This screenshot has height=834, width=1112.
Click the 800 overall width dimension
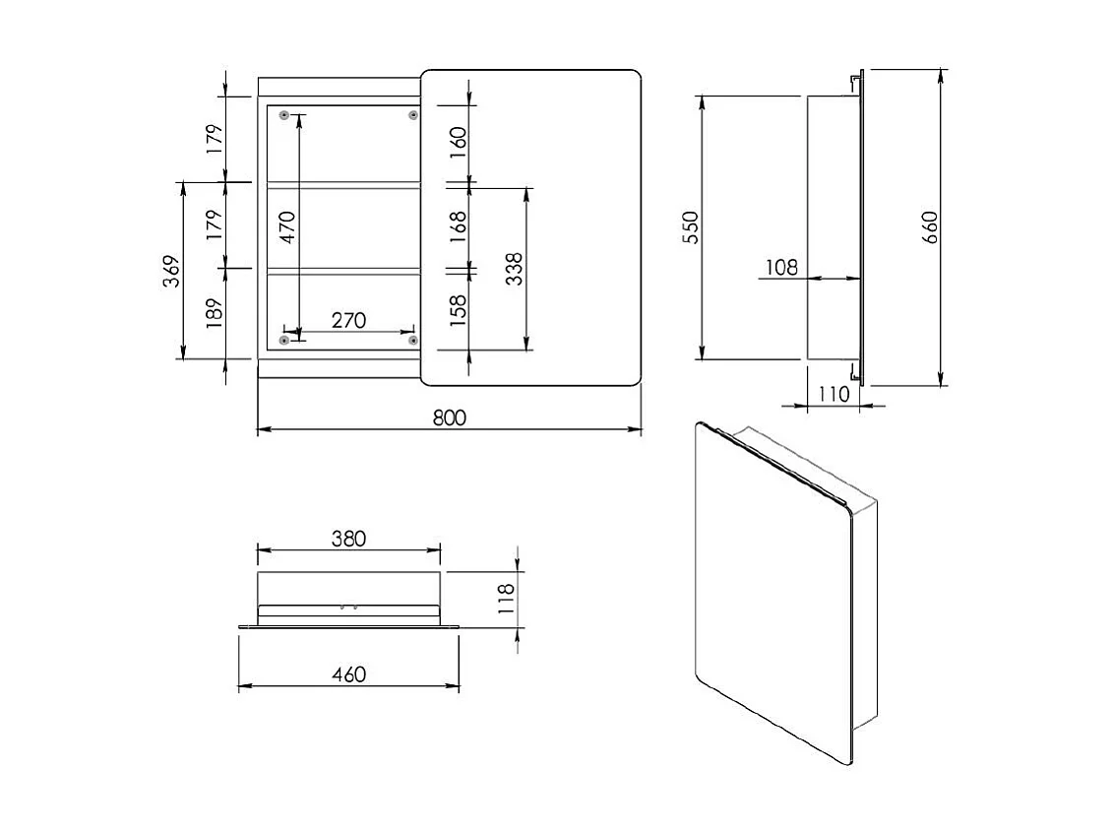click(449, 417)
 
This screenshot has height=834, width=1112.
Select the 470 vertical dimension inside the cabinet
click(286, 225)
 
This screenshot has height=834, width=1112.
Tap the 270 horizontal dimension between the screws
click(348, 320)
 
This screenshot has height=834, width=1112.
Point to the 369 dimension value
click(170, 271)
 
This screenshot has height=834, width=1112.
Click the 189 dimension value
click(216, 313)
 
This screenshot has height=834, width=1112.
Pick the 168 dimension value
click(458, 225)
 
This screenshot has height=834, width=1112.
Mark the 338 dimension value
click(514, 269)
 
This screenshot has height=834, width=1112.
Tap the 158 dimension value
click(458, 310)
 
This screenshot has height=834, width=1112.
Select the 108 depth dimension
click(780, 267)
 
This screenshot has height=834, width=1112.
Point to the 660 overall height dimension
click(931, 227)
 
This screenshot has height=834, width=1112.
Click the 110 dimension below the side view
click(833, 394)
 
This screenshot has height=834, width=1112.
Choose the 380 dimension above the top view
click(348, 539)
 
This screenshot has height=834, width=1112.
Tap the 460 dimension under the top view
click(348, 674)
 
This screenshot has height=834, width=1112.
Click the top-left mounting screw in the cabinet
click(284, 116)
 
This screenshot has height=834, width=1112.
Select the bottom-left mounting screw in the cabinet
click(284, 341)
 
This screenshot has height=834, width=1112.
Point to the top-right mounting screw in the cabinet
click(413, 116)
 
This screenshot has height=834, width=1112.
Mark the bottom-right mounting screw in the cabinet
click(413, 341)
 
